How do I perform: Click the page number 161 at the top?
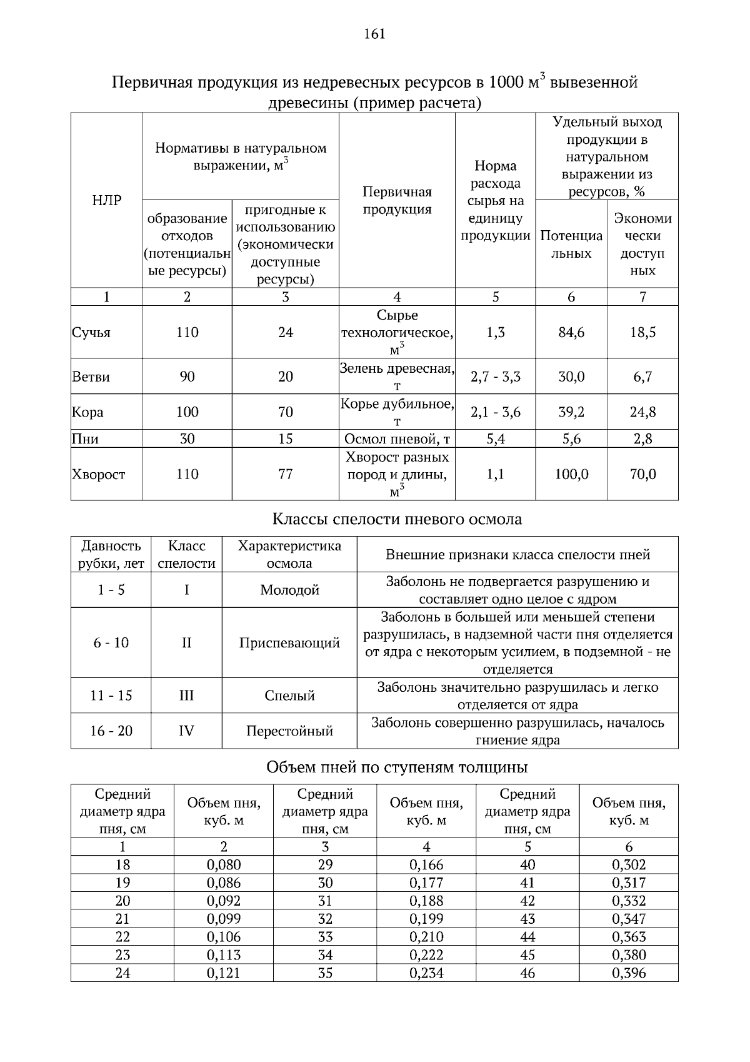point(374,34)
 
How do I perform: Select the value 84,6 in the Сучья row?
point(571,333)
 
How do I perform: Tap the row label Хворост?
point(99,475)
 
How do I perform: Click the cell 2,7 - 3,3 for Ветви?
point(495,377)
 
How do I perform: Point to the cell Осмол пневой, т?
point(397,439)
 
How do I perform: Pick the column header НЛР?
point(106,201)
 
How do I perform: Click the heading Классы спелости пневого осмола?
point(397,519)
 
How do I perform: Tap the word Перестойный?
point(289,731)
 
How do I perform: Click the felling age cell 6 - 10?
point(111,643)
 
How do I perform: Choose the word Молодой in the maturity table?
point(289,590)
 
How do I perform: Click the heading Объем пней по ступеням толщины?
point(397,767)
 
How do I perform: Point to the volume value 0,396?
point(629,973)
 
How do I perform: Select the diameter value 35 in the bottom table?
point(325,973)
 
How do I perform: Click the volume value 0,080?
point(224,865)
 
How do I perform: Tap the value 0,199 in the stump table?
point(426,919)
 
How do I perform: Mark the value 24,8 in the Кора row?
point(642,412)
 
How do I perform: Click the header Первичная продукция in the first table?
point(397,201)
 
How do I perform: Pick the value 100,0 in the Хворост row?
point(571,475)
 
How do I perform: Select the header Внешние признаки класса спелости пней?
point(517,555)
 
